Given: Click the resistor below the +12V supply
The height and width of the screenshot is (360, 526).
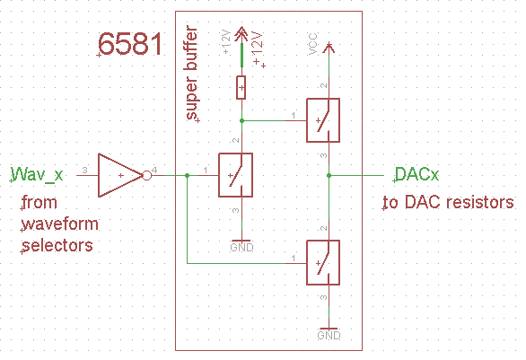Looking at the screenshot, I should coord(241,87).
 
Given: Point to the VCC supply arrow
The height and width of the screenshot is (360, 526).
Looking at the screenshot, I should coord(329,47).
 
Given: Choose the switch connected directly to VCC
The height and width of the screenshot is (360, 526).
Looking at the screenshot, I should coord(323,119).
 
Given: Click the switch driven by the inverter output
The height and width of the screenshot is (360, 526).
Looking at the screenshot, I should coord(235,174).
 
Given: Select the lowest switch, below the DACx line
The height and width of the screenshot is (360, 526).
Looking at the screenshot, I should coord(323,262).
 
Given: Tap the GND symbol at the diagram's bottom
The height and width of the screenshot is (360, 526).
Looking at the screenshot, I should coord(329,331).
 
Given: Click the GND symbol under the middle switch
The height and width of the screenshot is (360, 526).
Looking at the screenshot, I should coord(241,242).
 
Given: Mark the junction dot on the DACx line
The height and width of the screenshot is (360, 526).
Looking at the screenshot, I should coord(329,174).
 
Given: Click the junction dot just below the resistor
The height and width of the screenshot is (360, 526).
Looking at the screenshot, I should coord(241,119).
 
